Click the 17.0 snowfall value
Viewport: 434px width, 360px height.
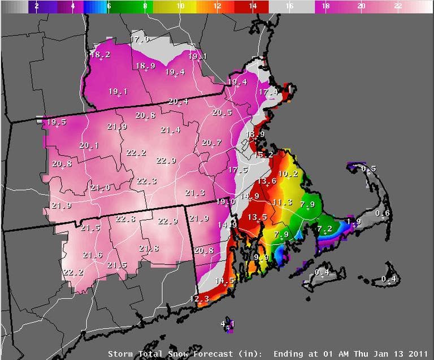point(140,40)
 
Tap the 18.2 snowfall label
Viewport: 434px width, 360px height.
point(100,55)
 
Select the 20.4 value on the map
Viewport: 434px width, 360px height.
point(178,102)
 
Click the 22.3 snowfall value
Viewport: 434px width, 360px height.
point(146,181)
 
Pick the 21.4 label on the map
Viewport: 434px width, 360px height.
point(170,130)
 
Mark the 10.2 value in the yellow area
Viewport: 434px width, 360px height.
point(288,174)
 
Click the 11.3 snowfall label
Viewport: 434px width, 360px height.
point(282,202)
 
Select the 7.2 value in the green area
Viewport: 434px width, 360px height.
point(324,229)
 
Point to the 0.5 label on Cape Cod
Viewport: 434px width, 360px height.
point(368,169)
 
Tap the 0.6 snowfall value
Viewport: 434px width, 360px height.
point(383,213)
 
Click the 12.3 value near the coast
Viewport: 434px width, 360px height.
point(199,299)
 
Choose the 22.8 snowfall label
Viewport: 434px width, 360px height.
point(125,219)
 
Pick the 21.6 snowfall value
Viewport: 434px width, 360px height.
point(92,255)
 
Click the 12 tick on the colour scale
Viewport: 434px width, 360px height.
point(216,6)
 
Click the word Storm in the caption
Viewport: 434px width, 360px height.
point(121,354)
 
